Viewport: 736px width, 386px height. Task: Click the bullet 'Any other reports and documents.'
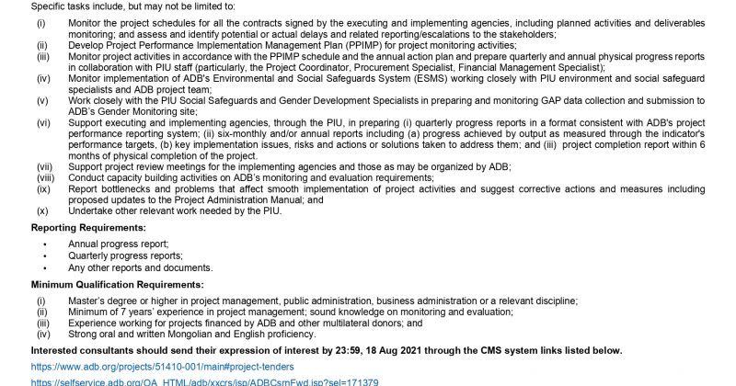[x=140, y=267]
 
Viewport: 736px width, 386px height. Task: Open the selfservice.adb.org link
[x=204, y=381]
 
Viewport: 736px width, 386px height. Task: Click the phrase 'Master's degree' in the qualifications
[x=103, y=301]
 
